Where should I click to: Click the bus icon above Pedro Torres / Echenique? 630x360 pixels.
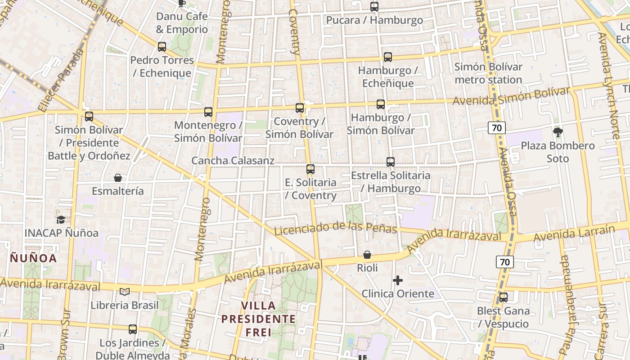pyautogui.click(x=162, y=46)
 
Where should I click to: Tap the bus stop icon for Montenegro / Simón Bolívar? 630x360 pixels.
pyautogui.click(x=208, y=112)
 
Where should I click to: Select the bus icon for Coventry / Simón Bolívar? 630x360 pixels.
pyautogui.click(x=300, y=108)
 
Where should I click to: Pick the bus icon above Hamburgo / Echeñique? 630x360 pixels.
pyautogui.click(x=388, y=57)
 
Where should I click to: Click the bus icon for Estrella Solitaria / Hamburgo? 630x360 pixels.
pyautogui.click(x=391, y=162)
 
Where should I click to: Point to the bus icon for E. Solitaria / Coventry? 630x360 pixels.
pyautogui.click(x=310, y=169)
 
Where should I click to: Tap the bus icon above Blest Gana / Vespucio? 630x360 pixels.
pyautogui.click(x=504, y=297)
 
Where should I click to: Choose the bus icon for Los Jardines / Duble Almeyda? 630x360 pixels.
pyautogui.click(x=133, y=329)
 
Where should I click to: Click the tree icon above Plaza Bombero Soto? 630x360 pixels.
pyautogui.click(x=558, y=132)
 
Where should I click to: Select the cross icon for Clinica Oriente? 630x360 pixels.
pyautogui.click(x=398, y=281)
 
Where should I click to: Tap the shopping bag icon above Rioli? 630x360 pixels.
pyautogui.click(x=367, y=255)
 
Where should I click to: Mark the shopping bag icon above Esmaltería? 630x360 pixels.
pyautogui.click(x=118, y=178)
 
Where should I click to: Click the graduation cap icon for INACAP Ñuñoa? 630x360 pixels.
pyautogui.click(x=61, y=220)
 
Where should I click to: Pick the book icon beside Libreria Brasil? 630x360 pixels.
pyautogui.click(x=125, y=292)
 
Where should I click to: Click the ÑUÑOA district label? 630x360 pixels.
pyautogui.click(x=34, y=258)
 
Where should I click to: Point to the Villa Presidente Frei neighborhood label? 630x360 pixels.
pyautogui.click(x=259, y=319)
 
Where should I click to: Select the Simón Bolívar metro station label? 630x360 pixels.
pyautogui.click(x=488, y=73)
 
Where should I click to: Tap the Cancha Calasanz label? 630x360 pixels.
pyautogui.click(x=233, y=161)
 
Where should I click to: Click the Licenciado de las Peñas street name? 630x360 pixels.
pyautogui.click(x=335, y=228)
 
